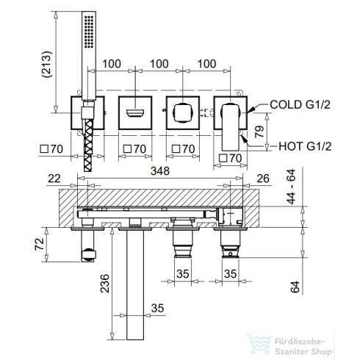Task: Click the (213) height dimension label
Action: tap(47, 65)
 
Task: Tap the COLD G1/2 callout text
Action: tap(300, 104)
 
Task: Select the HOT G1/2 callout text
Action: tap(305, 146)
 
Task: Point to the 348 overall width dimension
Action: tap(160, 171)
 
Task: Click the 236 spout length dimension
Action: tap(105, 284)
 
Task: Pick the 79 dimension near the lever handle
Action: tap(259, 132)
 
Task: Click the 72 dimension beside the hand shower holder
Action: tap(40, 244)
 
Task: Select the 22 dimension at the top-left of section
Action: tap(54, 179)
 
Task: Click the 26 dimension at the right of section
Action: tap(263, 179)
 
